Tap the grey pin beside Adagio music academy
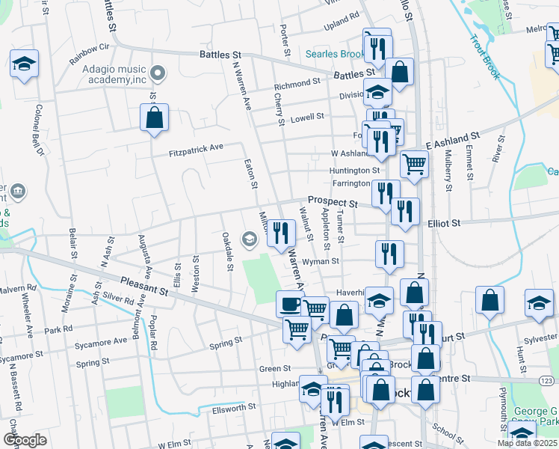(x=157, y=73)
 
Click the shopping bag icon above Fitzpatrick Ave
(x=154, y=117)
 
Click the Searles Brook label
(x=335, y=55)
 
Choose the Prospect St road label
(x=332, y=203)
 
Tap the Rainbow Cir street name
(x=89, y=52)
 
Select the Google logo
(x=25, y=439)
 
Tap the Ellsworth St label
(x=235, y=407)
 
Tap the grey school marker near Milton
(x=249, y=239)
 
